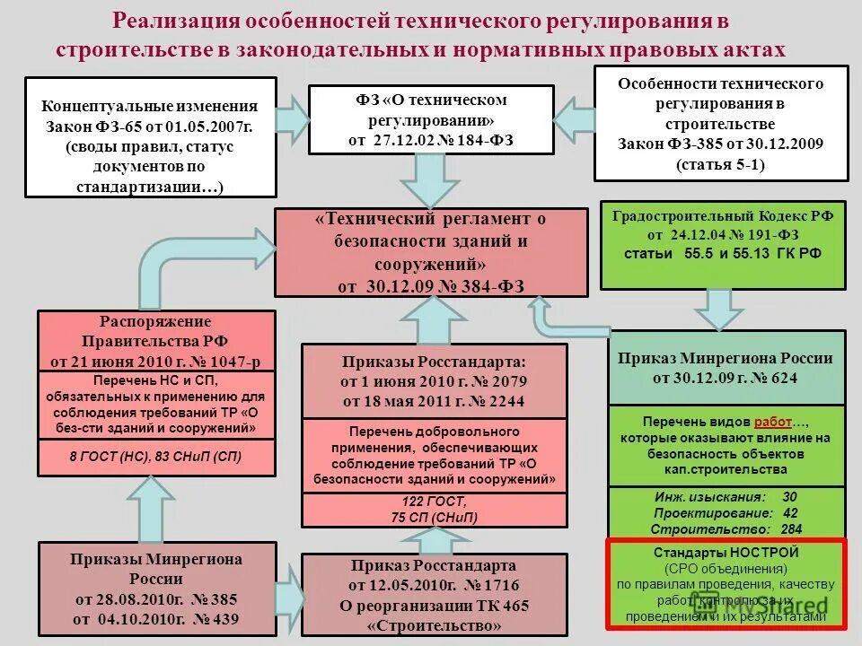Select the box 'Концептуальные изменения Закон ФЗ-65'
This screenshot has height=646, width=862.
click(x=151, y=136)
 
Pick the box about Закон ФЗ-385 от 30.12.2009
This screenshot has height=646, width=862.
click(x=720, y=124)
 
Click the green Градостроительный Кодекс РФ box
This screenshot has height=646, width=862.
click(x=722, y=244)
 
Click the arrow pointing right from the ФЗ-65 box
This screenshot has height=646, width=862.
click(x=291, y=118)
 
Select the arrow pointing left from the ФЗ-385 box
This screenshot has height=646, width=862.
click(x=573, y=118)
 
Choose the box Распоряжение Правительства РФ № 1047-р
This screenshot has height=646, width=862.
click(x=156, y=342)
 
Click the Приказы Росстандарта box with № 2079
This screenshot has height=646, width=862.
click(x=434, y=380)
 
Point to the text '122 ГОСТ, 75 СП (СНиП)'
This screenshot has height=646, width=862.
click(x=434, y=510)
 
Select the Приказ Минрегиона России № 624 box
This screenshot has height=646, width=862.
click(x=726, y=368)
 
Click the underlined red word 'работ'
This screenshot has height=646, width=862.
click(x=773, y=422)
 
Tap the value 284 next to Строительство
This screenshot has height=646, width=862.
click(x=792, y=528)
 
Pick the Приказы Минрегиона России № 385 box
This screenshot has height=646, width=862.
click(x=156, y=589)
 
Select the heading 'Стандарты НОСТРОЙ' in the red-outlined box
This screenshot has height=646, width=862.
click(x=726, y=553)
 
